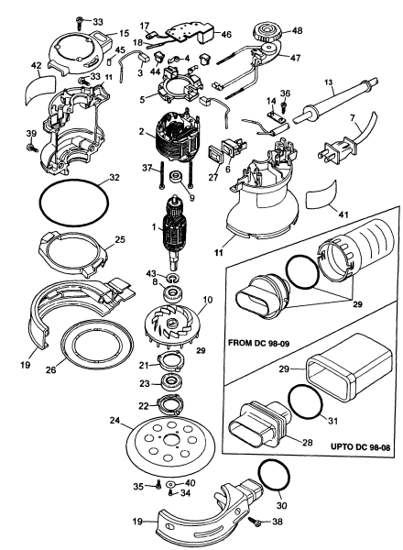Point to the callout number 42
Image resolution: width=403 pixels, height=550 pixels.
[36, 65]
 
